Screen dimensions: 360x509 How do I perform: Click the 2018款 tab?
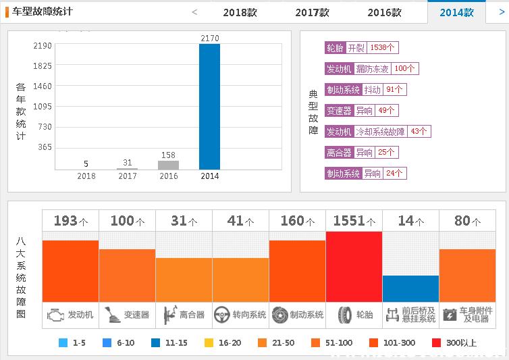(240, 12)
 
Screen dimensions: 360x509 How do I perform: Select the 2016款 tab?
(384, 12)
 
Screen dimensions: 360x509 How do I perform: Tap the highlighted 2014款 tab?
(456, 12)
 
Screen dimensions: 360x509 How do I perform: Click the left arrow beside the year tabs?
(194, 11)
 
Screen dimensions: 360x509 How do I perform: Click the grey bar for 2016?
(168, 165)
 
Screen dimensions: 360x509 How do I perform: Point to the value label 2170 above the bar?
(209, 38)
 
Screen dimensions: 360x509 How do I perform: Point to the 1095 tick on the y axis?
(42, 107)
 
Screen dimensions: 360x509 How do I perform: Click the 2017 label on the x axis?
(127, 176)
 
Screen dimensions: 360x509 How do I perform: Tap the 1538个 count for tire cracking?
(382, 48)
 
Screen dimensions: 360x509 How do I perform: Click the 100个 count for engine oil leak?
(405, 69)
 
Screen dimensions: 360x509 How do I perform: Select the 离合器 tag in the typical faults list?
(339, 153)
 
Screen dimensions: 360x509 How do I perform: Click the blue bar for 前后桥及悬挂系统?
(410, 288)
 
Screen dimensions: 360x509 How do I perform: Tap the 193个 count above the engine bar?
(70, 221)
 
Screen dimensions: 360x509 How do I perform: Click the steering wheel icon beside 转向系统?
(222, 315)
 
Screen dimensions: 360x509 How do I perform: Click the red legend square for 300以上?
(436, 342)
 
